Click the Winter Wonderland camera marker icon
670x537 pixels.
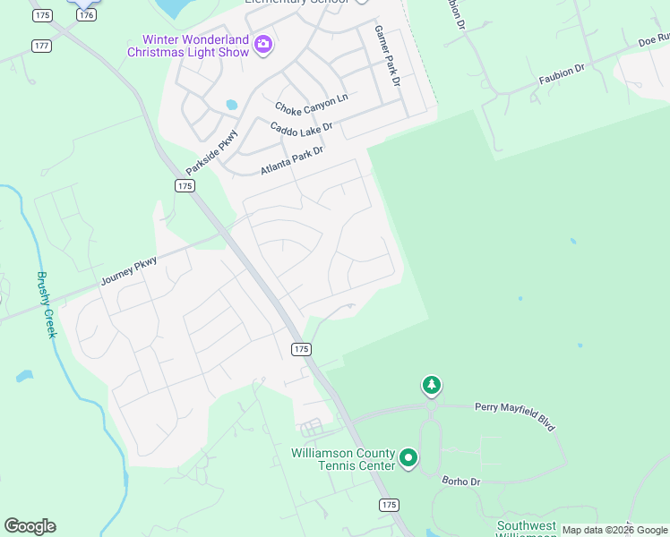(262, 44)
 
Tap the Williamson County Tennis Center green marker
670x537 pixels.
(408, 459)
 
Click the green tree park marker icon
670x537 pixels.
(432, 386)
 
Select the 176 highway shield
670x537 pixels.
(86, 15)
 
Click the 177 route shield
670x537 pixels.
(40, 45)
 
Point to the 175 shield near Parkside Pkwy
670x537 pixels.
(185, 185)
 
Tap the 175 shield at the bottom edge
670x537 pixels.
(389, 506)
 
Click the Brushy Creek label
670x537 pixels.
(45, 304)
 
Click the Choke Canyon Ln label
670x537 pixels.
(311, 103)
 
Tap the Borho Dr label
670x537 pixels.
(462, 481)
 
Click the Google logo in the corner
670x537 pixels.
(30, 526)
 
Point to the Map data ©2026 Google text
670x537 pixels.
(614, 530)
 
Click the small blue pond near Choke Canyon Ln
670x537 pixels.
(232, 105)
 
